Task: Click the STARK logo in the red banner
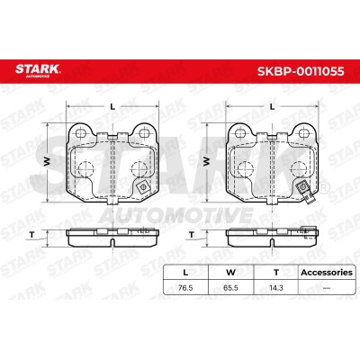(x=38, y=70)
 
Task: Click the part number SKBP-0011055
(x=301, y=71)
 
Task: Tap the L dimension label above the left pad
(x=112, y=106)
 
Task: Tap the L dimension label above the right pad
(x=272, y=106)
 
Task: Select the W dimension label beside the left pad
(x=47, y=162)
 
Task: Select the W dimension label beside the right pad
(x=207, y=162)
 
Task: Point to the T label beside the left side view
(x=31, y=235)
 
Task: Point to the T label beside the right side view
(x=192, y=235)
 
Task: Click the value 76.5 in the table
(x=185, y=288)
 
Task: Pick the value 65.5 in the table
(x=230, y=288)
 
